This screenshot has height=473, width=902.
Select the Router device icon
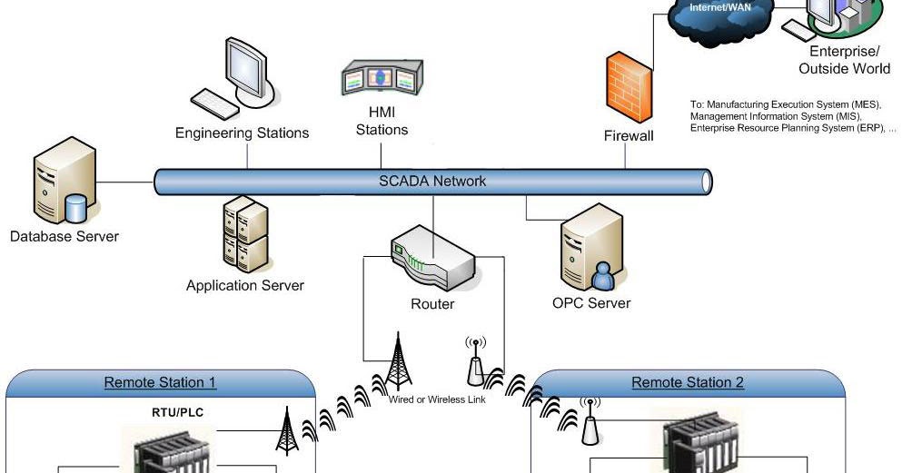(432, 260)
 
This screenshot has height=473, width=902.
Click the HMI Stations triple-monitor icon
(382, 80)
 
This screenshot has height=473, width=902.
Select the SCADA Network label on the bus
(432, 181)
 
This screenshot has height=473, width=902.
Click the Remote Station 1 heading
(161, 382)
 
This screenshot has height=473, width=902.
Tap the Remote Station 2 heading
(688, 382)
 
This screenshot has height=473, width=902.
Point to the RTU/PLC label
(178, 411)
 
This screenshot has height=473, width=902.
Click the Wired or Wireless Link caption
(437, 399)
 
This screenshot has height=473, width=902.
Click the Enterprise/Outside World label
(844, 60)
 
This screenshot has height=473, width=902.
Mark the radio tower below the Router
(396, 362)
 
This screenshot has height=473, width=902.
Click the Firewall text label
(629, 135)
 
